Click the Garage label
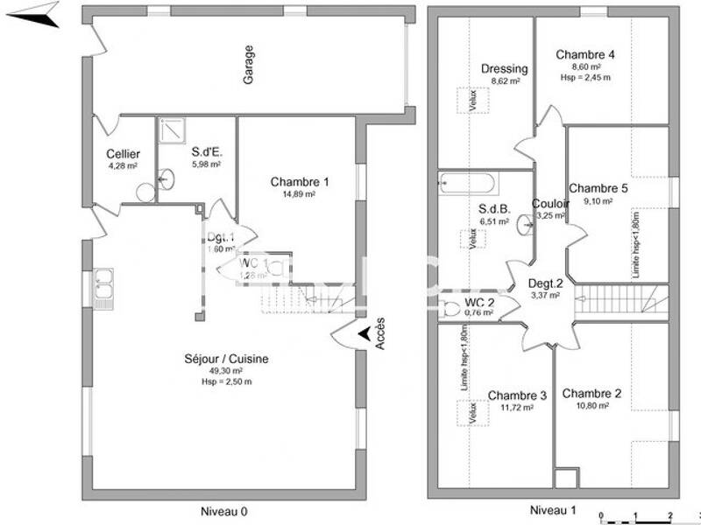pyautogui.click(x=249, y=66)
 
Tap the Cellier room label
pyautogui.click(x=124, y=154)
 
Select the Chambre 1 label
pyautogui.click(x=300, y=182)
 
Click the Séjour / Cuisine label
pyautogui.click(x=226, y=359)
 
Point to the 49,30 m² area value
pyautogui.click(x=226, y=370)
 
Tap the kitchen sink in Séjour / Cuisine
pyautogui.click(x=103, y=283)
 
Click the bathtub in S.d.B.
pyautogui.click(x=467, y=185)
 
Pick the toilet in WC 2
pyautogui.click(x=450, y=309)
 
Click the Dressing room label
pyautogui.click(x=505, y=69)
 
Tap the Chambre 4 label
pyautogui.click(x=585, y=54)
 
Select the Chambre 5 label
pyautogui.click(x=598, y=188)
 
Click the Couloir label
pyautogui.click(x=550, y=204)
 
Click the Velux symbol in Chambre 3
pyautogui.click(x=471, y=412)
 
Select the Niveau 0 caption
pyautogui.click(x=223, y=509)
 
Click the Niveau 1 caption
pyautogui.click(x=554, y=509)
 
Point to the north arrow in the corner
pyautogui.click(x=39, y=14)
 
